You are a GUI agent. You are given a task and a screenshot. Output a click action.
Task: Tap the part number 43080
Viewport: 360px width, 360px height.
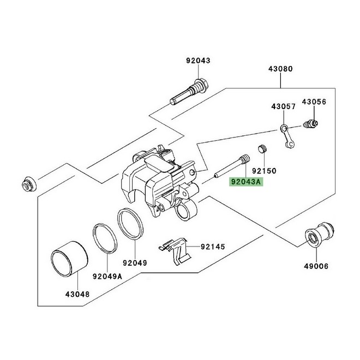pos(280,69)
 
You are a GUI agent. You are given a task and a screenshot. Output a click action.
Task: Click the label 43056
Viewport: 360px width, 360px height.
pos(314,102)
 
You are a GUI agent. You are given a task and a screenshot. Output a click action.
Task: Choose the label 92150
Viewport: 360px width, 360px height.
pos(264,171)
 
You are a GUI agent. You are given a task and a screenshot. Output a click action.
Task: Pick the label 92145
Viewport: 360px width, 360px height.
pos(213,247)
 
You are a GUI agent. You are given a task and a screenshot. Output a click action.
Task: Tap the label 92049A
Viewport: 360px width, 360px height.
pos(107,276)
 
